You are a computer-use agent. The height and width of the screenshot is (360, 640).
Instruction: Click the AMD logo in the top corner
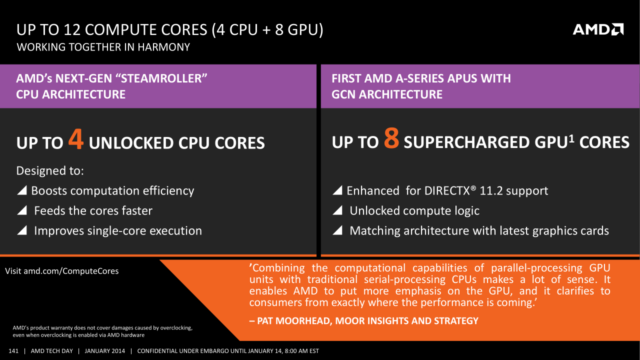pyautogui.click(x=598, y=29)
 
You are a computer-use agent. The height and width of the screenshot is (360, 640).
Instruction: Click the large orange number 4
pyautogui.click(x=76, y=139)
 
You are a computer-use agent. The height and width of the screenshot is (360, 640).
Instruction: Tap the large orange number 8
pyautogui.click(x=391, y=138)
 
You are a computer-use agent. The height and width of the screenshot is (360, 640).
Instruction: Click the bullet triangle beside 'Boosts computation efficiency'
pyautogui.click(x=22, y=190)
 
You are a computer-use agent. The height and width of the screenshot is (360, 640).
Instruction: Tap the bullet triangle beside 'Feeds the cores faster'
pyautogui.click(x=22, y=210)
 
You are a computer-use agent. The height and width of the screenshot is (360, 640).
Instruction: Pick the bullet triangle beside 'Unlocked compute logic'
pyautogui.click(x=337, y=210)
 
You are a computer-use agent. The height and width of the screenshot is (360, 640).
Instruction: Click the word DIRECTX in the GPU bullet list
pyautogui.click(x=447, y=190)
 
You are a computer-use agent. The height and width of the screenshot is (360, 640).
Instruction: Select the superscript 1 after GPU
pyautogui.click(x=571, y=138)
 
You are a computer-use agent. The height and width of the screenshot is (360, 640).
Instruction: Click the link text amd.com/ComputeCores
pyautogui.click(x=71, y=271)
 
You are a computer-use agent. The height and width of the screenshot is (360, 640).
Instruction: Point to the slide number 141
pyautogui.click(x=13, y=351)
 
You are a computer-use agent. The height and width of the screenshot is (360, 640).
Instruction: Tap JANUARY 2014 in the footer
pyautogui.click(x=105, y=351)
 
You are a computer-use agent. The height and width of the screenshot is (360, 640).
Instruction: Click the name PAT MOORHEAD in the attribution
pyautogui.click(x=294, y=321)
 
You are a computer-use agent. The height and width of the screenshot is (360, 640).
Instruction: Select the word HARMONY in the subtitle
pyautogui.click(x=163, y=47)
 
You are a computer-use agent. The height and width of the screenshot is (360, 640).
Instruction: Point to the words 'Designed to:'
pyautogui.click(x=50, y=170)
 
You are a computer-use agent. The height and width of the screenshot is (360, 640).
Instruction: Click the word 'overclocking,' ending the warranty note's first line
pyautogui.click(x=176, y=328)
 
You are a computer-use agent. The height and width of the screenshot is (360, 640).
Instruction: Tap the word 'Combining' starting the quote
pyautogui.click(x=277, y=268)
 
